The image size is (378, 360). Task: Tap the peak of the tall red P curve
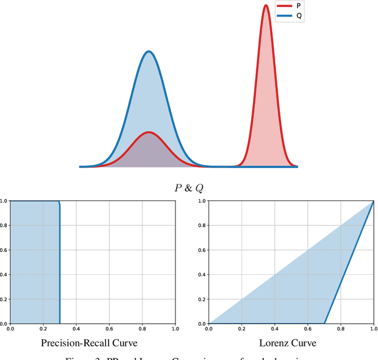[266, 5]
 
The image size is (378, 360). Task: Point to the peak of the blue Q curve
[149, 51]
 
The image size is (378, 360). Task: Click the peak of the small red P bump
[149, 132]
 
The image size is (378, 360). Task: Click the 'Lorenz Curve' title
[291, 343]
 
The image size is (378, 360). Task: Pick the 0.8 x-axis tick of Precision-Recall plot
[142, 328]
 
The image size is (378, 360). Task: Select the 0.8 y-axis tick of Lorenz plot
[203, 226]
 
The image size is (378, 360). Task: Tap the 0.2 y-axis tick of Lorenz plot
[203, 299]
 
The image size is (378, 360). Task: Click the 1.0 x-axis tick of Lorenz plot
[372, 328]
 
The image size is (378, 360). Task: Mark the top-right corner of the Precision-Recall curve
[60, 203]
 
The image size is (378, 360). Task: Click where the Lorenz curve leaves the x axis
[324, 323]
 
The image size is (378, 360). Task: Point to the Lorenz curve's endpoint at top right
[373, 202]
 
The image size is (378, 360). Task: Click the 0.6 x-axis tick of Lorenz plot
[307, 328]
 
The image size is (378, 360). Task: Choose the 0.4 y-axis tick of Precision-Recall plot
[4, 275]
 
